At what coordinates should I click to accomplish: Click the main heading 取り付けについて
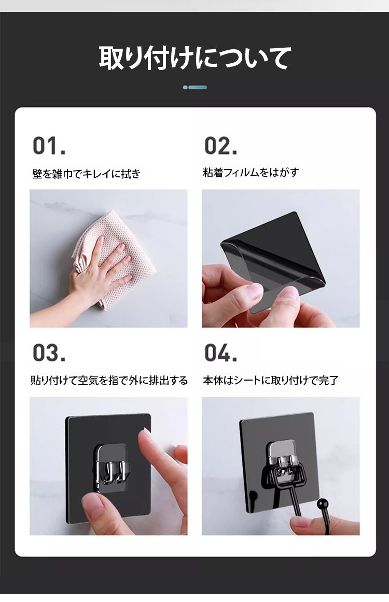[195, 59]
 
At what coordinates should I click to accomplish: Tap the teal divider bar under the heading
[195, 87]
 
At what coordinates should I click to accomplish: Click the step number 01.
[49, 146]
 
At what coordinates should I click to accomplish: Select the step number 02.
[220, 146]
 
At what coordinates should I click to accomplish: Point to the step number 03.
[49, 353]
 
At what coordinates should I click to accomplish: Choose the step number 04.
[220, 353]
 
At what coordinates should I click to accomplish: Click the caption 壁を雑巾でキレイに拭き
[87, 174]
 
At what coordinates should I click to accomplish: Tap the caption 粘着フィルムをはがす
[251, 172]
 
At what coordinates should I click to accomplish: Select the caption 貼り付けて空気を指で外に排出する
[109, 381]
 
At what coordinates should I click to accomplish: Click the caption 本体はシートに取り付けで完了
[270, 381]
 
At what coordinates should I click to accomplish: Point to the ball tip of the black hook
[323, 503]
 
